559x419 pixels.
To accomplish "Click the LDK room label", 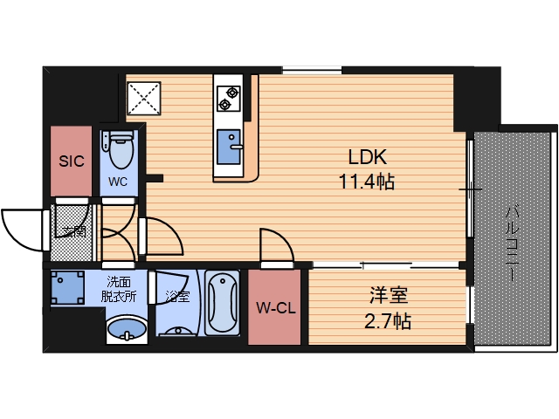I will pos(367,158).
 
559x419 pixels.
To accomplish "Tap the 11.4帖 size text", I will pos(367,182).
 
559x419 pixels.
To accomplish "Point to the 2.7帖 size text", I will pos(386,321).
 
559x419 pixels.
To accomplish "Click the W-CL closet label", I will pos(274,307).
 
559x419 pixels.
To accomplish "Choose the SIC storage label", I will pos(70,161).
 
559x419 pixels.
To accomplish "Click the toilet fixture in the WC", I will pos(118,148).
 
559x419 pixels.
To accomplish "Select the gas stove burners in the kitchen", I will pos(229,97).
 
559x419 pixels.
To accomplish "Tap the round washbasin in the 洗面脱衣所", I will pos(127,330).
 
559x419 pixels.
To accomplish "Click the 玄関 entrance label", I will pos(73,231).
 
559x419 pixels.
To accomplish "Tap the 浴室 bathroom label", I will pos(177,296).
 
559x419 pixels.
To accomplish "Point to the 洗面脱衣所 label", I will pos(121,289).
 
